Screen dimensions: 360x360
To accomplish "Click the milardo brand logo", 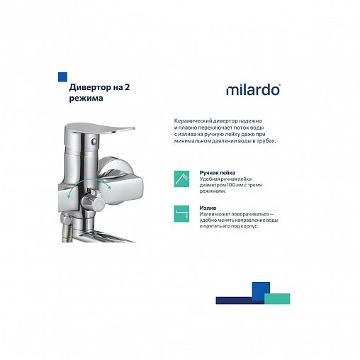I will coord(253,90).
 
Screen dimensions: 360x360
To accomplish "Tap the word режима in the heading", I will coord(86,99).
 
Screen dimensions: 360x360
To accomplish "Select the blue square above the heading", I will coord(62,76).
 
